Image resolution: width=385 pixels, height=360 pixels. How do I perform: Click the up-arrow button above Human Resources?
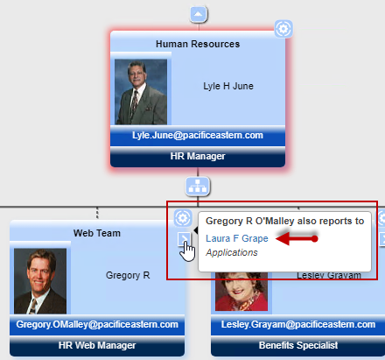point(199,14)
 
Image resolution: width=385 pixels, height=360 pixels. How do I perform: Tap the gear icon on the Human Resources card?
point(283,29)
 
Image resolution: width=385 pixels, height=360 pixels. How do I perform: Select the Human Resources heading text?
point(198,44)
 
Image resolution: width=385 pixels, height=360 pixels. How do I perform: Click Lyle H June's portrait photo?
point(141,92)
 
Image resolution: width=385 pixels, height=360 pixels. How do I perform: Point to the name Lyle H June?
point(228,86)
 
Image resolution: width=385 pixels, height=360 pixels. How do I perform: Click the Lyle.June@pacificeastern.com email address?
point(198,135)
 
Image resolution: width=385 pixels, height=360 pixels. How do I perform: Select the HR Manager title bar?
point(198,157)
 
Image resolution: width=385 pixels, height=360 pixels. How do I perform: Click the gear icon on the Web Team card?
point(183,218)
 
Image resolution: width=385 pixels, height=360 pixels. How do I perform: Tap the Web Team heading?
point(97,233)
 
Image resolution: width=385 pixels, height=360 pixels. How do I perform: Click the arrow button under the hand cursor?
point(184,239)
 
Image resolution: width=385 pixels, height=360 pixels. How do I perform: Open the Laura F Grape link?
point(237,238)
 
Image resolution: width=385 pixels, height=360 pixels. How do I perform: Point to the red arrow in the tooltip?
point(297,239)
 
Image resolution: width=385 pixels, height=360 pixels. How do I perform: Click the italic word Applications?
point(232,252)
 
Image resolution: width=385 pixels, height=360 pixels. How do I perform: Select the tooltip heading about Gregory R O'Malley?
point(285,222)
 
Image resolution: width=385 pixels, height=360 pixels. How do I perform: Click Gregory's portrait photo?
point(40,281)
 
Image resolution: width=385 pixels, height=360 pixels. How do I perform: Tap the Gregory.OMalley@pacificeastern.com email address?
point(97,324)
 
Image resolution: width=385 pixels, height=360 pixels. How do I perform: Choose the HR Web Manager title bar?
point(97,346)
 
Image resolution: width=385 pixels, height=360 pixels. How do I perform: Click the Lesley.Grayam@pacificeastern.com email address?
point(298,324)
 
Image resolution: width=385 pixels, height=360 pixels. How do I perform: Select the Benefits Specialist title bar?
point(298,346)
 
